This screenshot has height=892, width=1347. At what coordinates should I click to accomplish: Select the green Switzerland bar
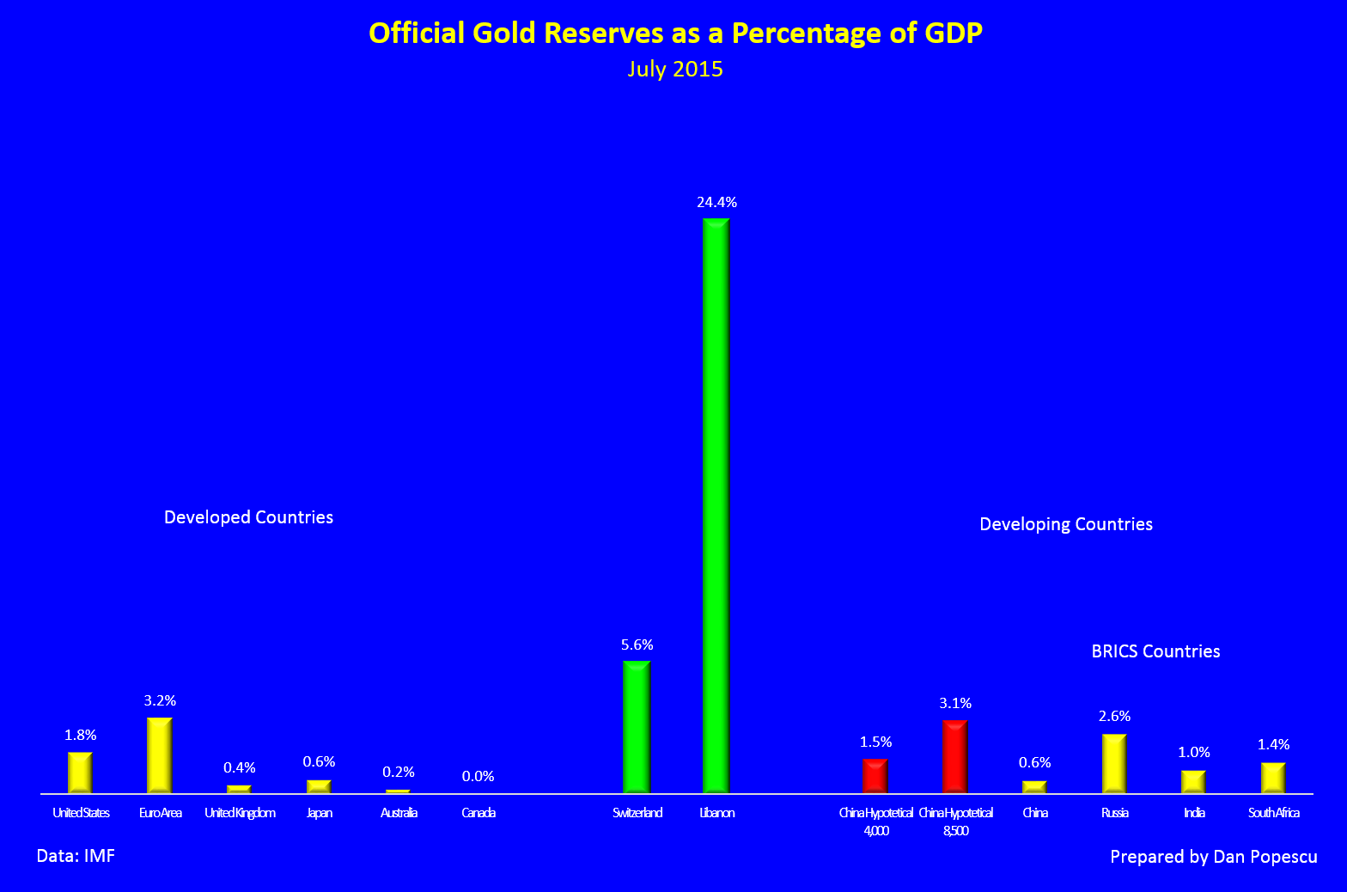tap(637, 727)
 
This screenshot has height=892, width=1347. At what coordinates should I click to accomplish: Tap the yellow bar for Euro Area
tap(160, 755)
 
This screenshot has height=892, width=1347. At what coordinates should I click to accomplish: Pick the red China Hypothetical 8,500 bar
tap(955, 756)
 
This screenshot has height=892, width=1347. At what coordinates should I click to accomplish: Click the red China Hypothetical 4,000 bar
tap(875, 776)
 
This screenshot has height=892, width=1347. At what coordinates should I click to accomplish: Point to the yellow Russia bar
tap(1114, 763)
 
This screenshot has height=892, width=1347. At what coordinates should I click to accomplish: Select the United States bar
tap(80, 773)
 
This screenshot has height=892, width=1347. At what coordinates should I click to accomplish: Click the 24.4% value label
tap(716, 203)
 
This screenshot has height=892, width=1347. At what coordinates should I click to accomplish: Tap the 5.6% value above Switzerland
tap(637, 645)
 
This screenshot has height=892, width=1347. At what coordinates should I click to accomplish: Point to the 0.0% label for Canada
tap(478, 776)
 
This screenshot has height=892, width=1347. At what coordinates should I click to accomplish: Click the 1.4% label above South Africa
tap(1273, 744)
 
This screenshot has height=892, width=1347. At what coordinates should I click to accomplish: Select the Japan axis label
tap(319, 813)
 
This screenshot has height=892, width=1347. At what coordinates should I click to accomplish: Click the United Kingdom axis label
tap(240, 813)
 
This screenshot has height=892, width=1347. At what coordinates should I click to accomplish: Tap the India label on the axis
tap(1194, 813)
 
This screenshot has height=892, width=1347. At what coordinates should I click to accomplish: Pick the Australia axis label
tap(399, 813)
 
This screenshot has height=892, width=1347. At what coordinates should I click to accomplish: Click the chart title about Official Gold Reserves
tap(675, 33)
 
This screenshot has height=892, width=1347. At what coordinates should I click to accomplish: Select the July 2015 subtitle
tap(675, 70)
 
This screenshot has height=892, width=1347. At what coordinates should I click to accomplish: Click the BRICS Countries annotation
tap(1155, 651)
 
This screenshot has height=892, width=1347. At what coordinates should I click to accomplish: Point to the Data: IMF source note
tap(76, 856)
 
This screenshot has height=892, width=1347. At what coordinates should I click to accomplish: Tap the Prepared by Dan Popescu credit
tap(1213, 857)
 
